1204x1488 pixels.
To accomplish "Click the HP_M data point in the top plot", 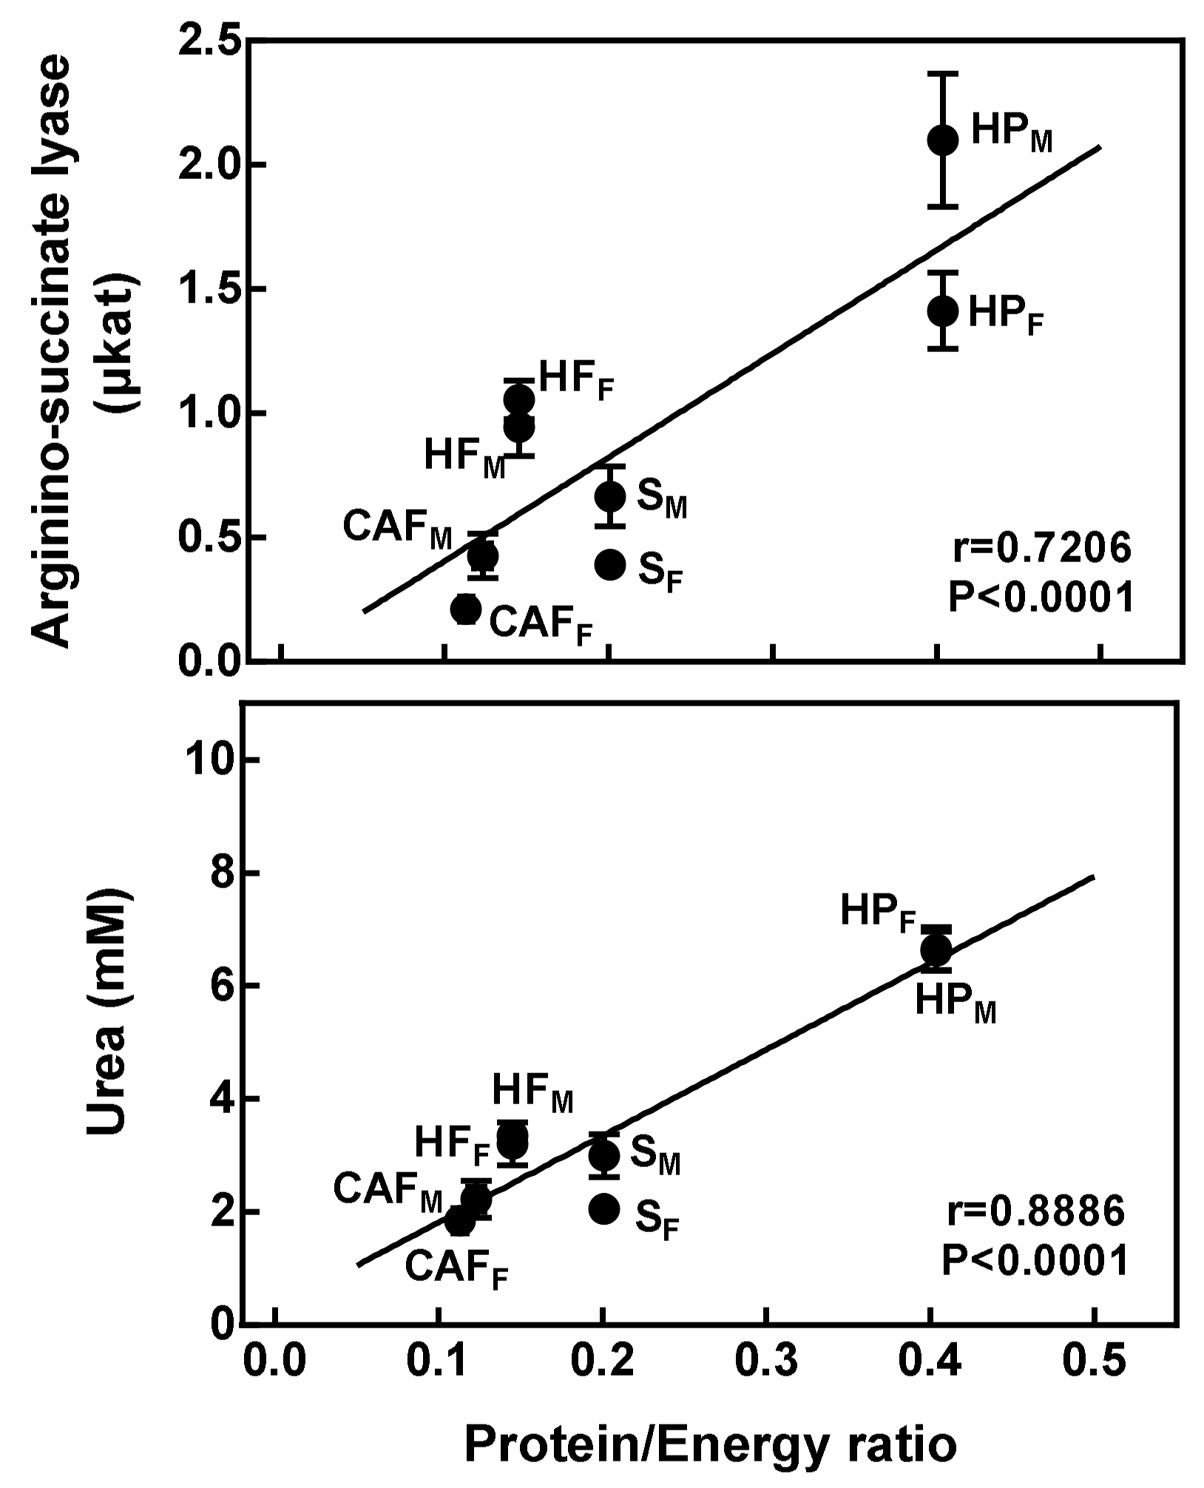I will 943,139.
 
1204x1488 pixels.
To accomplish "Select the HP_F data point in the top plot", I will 943,311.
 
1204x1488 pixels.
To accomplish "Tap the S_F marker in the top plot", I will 610,564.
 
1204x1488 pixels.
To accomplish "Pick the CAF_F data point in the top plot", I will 466,609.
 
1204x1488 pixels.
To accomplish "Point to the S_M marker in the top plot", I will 610,496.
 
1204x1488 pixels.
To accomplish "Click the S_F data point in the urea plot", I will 604,1208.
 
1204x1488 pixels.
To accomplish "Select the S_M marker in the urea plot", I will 604,1155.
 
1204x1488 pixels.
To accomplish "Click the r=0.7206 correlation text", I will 1041,549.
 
